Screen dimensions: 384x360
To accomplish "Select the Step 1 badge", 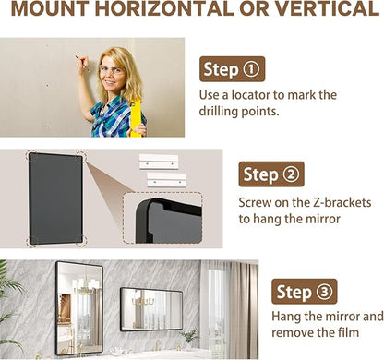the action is point(232,69).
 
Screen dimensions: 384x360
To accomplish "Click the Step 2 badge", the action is point(271,174).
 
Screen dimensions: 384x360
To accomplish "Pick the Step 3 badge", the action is point(305,292).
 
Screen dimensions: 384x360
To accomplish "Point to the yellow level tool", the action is point(136,118).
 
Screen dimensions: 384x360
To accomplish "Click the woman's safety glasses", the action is point(112,70).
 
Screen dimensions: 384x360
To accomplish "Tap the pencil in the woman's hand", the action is point(82,64).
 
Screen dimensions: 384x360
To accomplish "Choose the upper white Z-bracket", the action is point(159,162).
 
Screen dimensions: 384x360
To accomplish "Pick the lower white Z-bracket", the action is point(166,180).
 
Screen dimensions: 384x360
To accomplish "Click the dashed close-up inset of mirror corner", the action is point(162,218).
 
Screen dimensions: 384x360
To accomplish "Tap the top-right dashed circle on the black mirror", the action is point(81,156).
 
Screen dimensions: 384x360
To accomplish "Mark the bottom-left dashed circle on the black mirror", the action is point(32,241).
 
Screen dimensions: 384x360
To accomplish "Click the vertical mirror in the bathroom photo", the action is point(79,307).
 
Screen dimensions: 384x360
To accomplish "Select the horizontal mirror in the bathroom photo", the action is point(151,309).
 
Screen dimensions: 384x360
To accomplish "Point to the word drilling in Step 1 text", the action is point(219,111).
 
